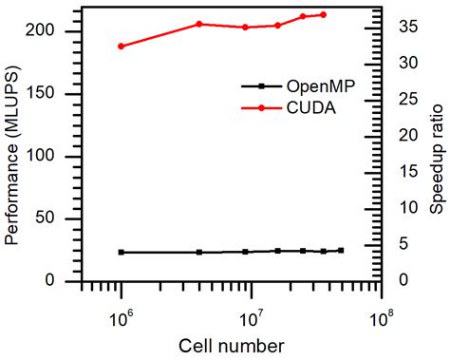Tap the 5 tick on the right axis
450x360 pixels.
403,244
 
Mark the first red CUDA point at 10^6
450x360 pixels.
121,46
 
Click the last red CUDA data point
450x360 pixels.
324,14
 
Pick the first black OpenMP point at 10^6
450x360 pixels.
121,253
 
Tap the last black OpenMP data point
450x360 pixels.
341,251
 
